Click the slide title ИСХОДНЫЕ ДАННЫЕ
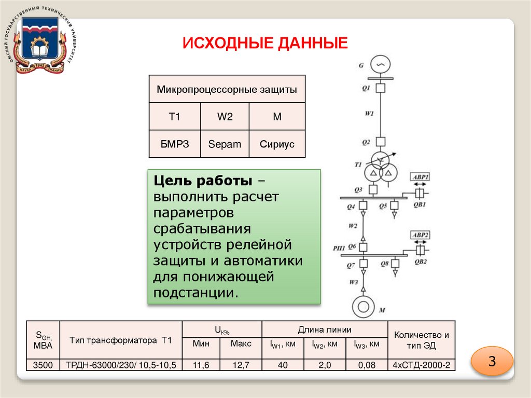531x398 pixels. click(x=264, y=43)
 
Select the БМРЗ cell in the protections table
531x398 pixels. click(x=175, y=144)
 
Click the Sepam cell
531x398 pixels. click(x=225, y=144)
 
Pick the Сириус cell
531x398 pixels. click(x=277, y=144)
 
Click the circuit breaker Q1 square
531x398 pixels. click(x=381, y=88)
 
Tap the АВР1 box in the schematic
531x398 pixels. click(x=420, y=177)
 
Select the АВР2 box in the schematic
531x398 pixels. click(x=420, y=235)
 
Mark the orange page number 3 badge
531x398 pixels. click(x=492, y=361)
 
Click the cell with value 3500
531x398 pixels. click(x=43, y=365)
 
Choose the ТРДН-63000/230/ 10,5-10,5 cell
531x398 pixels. click(x=121, y=365)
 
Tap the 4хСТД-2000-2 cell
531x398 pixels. click(x=422, y=365)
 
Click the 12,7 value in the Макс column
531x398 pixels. click(x=241, y=365)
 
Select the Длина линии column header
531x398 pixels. click(x=325, y=329)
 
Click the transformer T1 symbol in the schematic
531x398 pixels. click(x=380, y=169)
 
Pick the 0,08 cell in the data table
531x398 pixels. click(x=367, y=365)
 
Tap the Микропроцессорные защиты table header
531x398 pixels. click(x=227, y=89)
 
